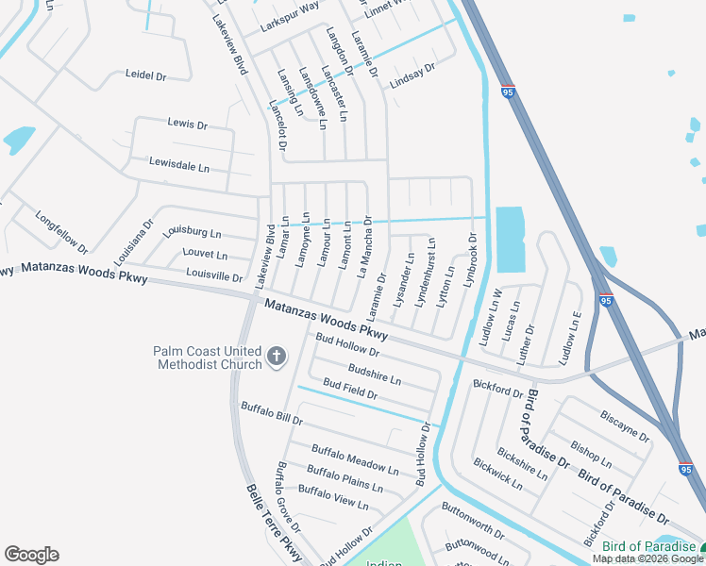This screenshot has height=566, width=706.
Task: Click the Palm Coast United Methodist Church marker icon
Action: (277, 356)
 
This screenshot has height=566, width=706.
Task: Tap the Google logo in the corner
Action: (31, 555)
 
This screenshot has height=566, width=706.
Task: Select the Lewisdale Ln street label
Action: (178, 165)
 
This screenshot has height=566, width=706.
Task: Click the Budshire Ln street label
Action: (375, 375)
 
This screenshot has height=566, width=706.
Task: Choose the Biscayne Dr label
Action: (625, 424)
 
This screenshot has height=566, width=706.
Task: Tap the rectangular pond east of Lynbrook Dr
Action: (509, 238)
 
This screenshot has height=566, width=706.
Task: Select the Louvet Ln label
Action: (206, 255)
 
